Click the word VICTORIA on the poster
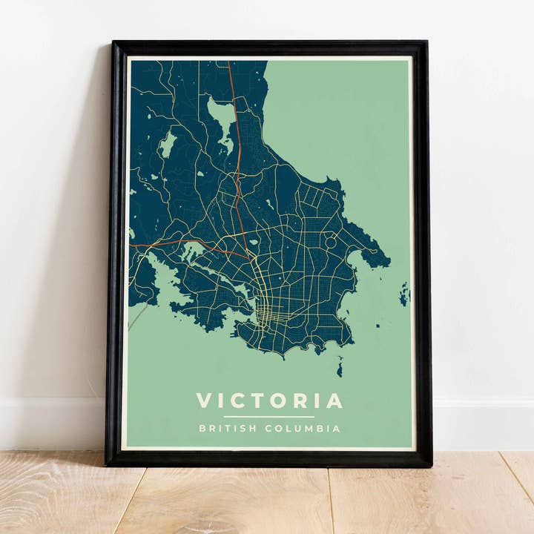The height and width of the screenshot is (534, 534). pos(269,400)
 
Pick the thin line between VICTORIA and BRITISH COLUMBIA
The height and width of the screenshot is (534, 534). pos(269,417)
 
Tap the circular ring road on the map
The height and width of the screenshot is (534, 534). pos(331,242)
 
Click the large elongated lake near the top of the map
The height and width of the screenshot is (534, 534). pos(223,119)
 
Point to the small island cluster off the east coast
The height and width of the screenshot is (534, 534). pos(404,294)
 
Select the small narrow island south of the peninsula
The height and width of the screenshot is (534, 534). pos(340,366)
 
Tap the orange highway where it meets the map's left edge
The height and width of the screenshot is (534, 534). pos(133,245)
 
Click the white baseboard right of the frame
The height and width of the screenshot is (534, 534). pos(482,423)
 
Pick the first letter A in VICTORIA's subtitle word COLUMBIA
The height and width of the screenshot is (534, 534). pos(338,429)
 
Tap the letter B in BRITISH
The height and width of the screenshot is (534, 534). pos(201,429)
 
